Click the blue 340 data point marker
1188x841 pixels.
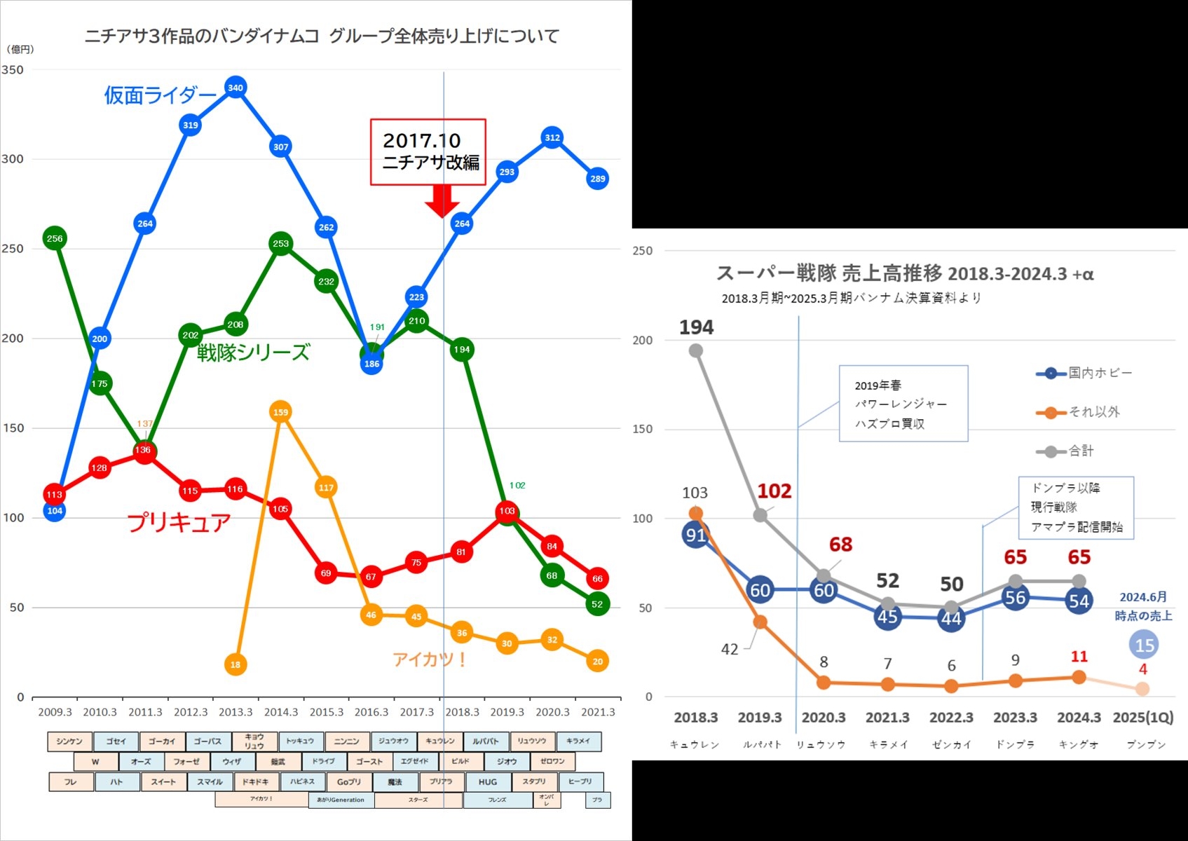[x=235, y=88]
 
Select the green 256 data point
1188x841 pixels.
[x=55, y=238]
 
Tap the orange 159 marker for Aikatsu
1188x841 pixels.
[x=280, y=412]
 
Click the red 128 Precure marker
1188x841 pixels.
[x=100, y=467]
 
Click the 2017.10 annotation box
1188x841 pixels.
[x=428, y=152]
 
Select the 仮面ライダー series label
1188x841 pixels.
[x=160, y=95]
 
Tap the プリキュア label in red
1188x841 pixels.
[x=179, y=523]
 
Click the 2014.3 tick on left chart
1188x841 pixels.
[x=280, y=712]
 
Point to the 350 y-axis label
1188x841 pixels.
[x=13, y=70]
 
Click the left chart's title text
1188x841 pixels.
[x=322, y=36]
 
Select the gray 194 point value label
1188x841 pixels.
[x=696, y=327]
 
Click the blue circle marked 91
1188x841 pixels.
[x=695, y=535]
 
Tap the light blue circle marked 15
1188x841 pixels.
[x=1145, y=645]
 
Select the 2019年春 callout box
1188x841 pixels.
[x=903, y=404]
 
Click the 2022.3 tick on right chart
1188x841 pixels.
[x=951, y=718]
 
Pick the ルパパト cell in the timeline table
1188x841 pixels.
[x=485, y=741]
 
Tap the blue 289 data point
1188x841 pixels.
[x=597, y=179]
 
